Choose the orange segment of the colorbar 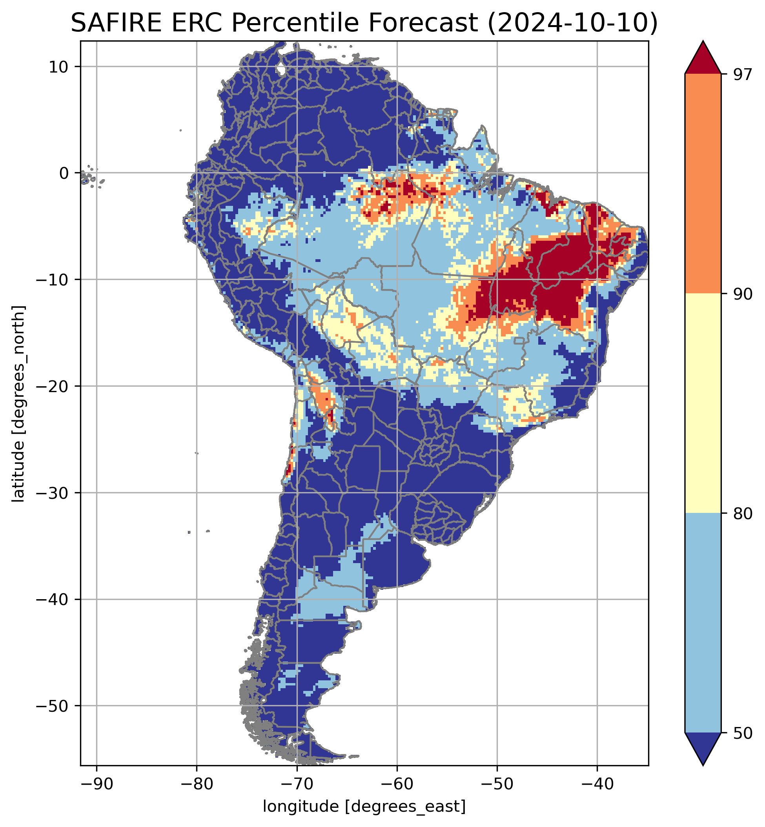coord(703,184)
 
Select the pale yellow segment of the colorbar coord(703,404)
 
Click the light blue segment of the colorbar coord(703,623)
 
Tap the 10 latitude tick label coord(58,67)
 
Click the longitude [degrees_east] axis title coord(364,807)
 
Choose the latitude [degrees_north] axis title coord(18,404)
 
